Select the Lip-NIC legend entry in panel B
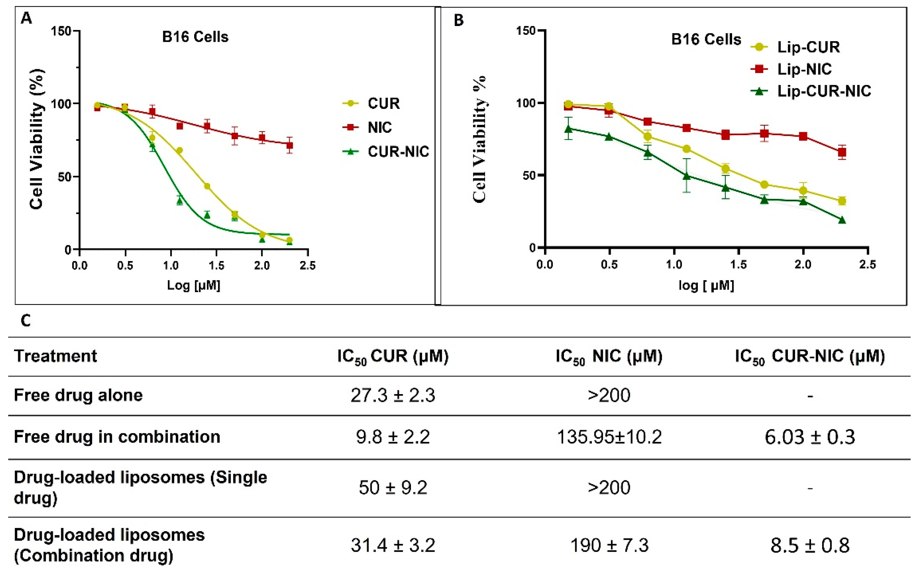[804, 69]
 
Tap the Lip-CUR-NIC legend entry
[823, 91]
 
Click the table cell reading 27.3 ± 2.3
[393, 395]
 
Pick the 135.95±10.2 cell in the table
[609, 437]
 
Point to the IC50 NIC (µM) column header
[609, 356]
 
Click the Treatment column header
[56, 356]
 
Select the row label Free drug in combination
[117, 437]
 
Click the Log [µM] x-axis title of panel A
[193, 285]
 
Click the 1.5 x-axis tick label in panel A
[216, 265]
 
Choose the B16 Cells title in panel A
[195, 37]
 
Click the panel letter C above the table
[26, 321]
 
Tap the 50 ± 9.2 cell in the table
[393, 488]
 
